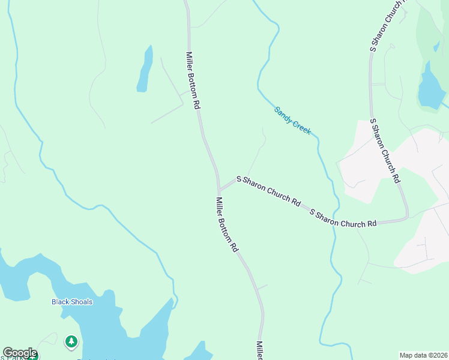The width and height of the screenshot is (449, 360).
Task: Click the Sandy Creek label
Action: pyautogui.click(x=292, y=120)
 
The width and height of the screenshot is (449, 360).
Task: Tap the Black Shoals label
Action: pyautogui.click(x=72, y=302)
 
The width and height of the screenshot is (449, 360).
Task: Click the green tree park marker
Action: pyautogui.click(x=71, y=342)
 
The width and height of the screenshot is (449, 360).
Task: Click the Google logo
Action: pyautogui.click(x=19, y=353)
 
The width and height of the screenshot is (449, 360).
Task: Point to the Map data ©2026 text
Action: pyautogui.click(x=423, y=355)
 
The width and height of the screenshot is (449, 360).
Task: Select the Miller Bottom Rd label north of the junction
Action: pyautogui.click(x=192, y=80)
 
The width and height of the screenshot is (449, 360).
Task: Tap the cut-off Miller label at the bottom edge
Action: pyautogui.click(x=260, y=351)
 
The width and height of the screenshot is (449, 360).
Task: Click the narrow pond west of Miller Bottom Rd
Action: pyautogui.click(x=144, y=69)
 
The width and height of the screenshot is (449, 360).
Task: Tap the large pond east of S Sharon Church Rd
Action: pyautogui.click(x=430, y=88)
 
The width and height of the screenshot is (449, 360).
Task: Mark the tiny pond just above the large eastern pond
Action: pyautogui.click(x=436, y=46)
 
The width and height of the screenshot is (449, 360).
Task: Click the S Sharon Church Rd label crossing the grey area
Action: pyautogui.click(x=385, y=151)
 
